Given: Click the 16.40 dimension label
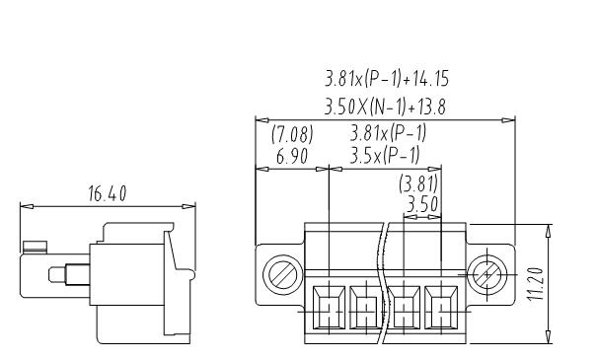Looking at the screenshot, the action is coord(107,193).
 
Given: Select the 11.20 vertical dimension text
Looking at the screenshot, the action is coord(536,284).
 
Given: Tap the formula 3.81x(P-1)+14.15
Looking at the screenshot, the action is coord(387,79).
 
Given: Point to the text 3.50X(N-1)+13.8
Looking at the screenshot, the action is coord(385,107).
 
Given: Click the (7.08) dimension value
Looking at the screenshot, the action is coord(292,134).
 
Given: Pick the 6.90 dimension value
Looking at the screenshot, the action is coord(292,157).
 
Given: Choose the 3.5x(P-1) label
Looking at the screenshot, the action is coord(385,155).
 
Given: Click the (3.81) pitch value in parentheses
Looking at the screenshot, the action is coord(418,183).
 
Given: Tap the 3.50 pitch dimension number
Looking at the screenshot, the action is coord(422,205).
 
